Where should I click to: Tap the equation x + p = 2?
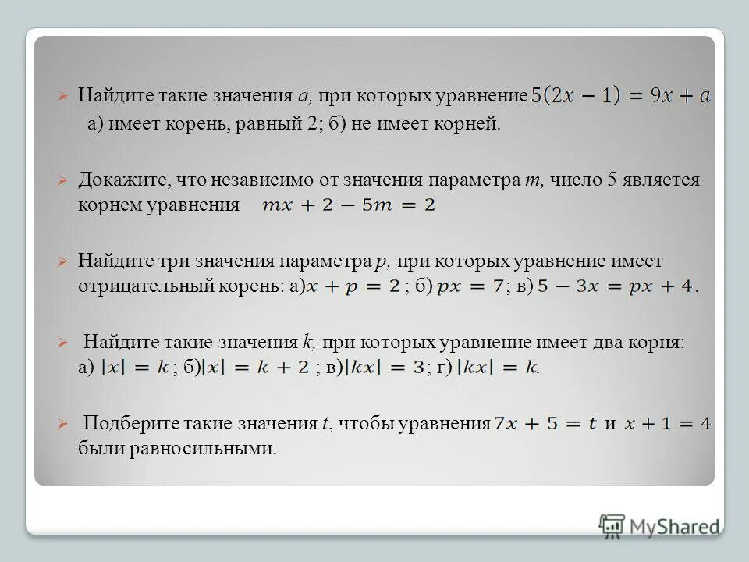coord(354,286)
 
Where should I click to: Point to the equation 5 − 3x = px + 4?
coord(616,286)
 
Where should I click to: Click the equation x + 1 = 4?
coord(667,425)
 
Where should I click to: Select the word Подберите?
coord(129,424)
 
